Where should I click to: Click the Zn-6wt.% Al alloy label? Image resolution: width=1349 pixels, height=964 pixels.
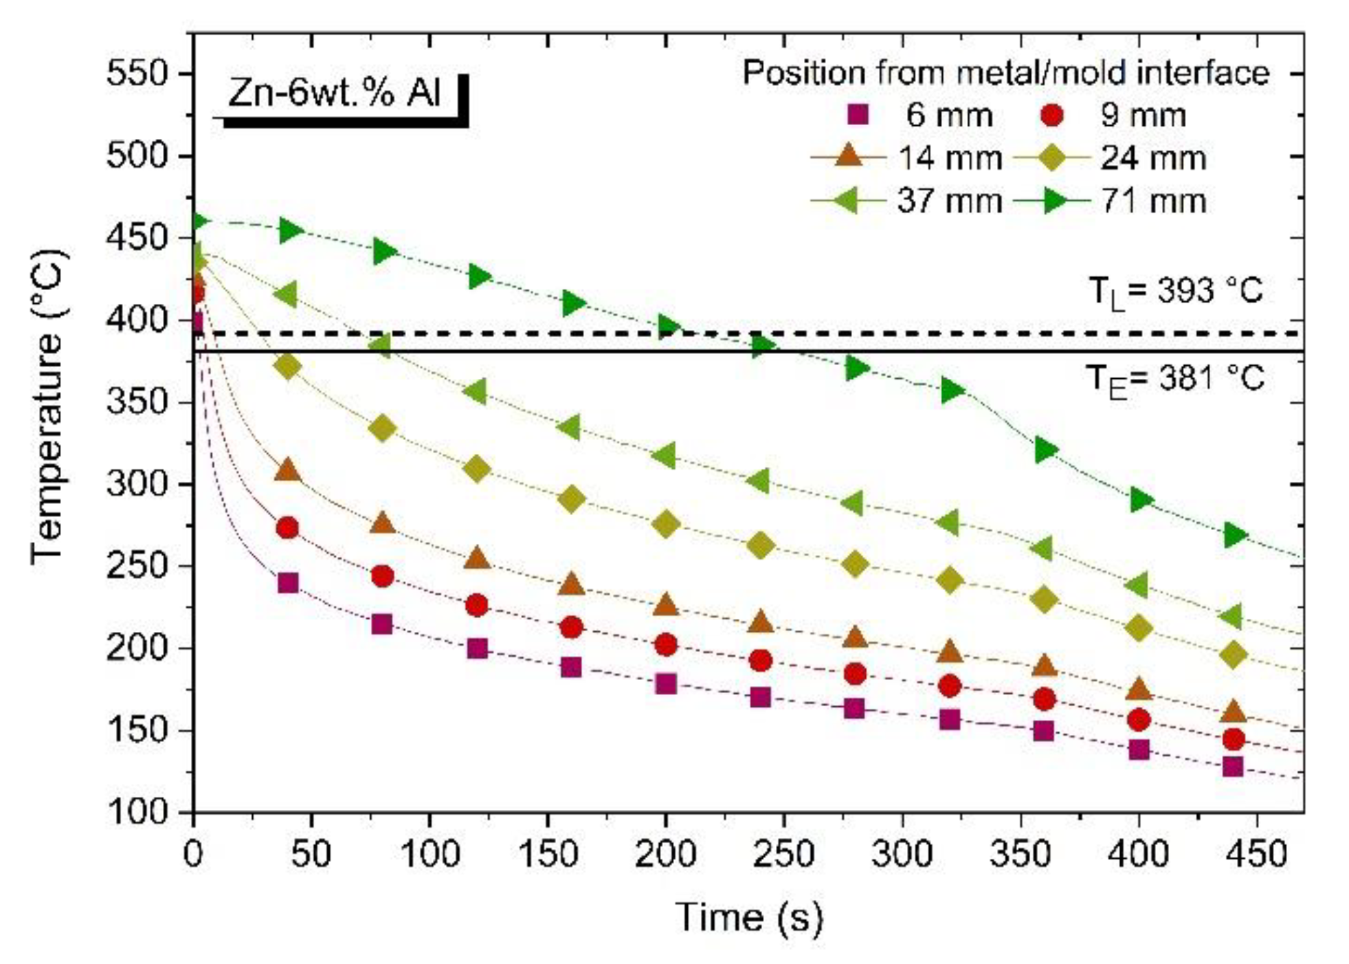[x=334, y=94]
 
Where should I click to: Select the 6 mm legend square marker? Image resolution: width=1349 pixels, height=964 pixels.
[x=858, y=115]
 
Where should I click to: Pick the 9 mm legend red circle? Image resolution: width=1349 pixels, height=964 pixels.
[x=1051, y=115]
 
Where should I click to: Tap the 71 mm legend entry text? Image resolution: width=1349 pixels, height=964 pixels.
[x=1154, y=201]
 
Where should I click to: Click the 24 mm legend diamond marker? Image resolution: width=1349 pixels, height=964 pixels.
[x=1051, y=158]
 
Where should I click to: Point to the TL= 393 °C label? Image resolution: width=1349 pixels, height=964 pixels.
[x=1176, y=292]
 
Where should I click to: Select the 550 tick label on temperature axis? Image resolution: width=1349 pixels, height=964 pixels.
[x=137, y=74]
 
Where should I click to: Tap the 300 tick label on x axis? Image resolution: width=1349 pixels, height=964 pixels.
[x=902, y=855]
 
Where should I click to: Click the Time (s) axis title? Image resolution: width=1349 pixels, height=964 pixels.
[x=748, y=917]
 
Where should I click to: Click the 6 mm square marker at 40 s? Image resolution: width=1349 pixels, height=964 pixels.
[x=288, y=583]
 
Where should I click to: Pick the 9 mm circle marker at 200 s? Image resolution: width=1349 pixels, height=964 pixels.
[x=665, y=645]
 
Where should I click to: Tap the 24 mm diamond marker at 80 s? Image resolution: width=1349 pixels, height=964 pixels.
[x=382, y=429]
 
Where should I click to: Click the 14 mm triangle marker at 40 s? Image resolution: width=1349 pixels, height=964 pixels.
[x=288, y=470]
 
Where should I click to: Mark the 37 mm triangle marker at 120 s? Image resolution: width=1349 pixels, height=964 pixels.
[x=476, y=392]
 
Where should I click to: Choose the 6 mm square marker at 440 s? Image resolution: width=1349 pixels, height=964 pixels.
[x=1233, y=767]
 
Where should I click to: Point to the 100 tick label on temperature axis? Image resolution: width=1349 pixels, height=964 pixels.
[x=137, y=812]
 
